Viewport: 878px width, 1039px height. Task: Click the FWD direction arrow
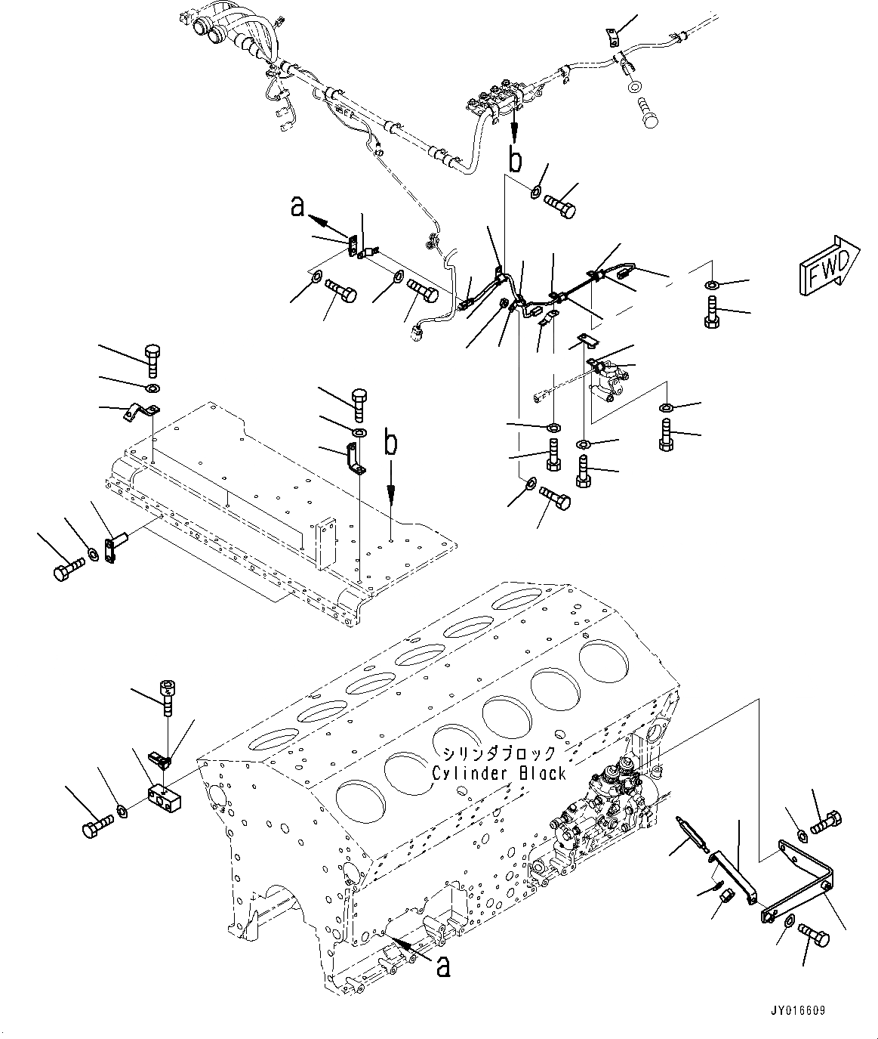click(x=827, y=266)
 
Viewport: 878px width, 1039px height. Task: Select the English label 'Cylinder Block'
click(x=499, y=773)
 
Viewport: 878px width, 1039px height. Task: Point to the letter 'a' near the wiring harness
click(x=299, y=208)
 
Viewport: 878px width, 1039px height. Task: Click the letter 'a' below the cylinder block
click(x=443, y=966)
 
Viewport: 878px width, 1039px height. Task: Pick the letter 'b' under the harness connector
click(x=515, y=160)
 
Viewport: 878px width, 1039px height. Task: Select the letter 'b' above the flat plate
click(x=390, y=444)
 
